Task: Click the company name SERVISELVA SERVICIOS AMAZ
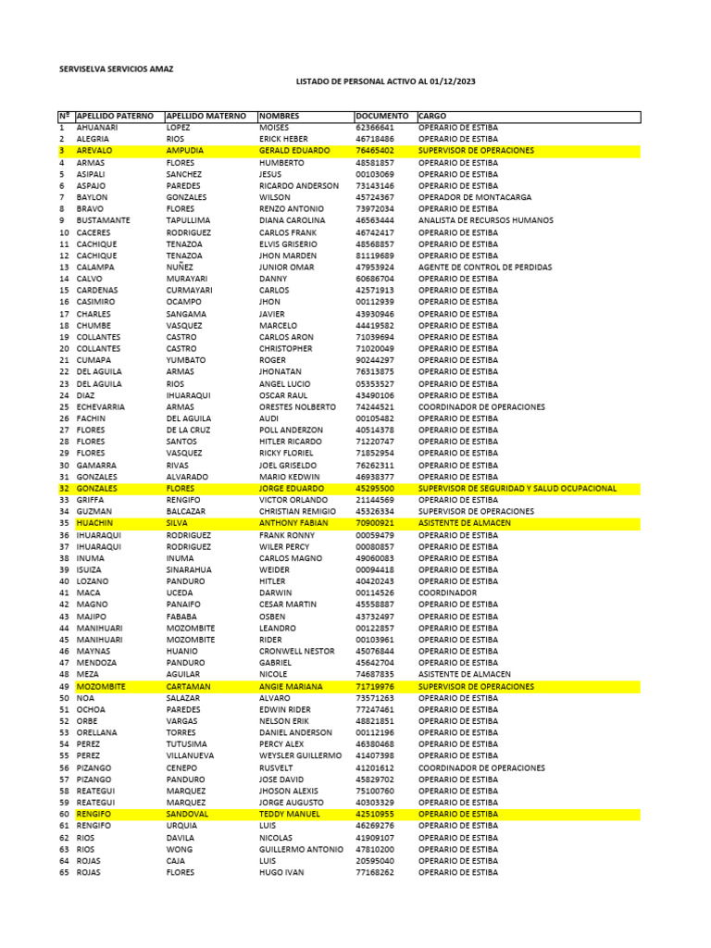(x=115, y=69)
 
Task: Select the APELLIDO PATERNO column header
(x=115, y=116)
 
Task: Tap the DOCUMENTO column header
(x=381, y=116)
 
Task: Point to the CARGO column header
(x=432, y=116)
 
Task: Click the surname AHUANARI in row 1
(x=97, y=127)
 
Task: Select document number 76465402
(x=375, y=150)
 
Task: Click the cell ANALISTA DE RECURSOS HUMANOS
(x=485, y=220)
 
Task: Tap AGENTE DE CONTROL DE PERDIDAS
(x=484, y=267)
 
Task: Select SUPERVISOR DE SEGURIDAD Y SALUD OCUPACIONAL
(x=518, y=488)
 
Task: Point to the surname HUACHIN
(x=94, y=523)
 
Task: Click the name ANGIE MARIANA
(x=291, y=686)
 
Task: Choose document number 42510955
(x=375, y=814)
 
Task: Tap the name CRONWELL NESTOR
(x=296, y=651)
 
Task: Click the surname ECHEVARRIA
(x=100, y=406)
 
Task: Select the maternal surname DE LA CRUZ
(x=188, y=430)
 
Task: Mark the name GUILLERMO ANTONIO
(x=301, y=849)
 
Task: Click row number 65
(x=64, y=872)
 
